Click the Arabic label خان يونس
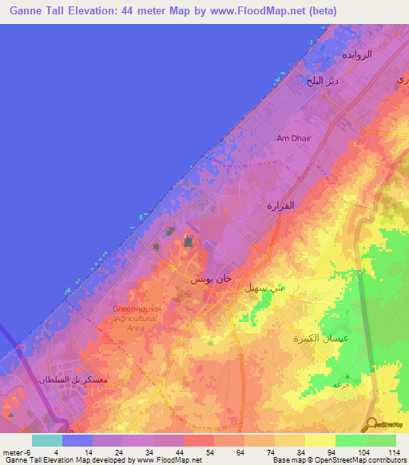click(212, 280)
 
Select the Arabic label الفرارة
click(280, 205)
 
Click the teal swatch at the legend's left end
click(47, 440)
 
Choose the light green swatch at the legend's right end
click(380, 440)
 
